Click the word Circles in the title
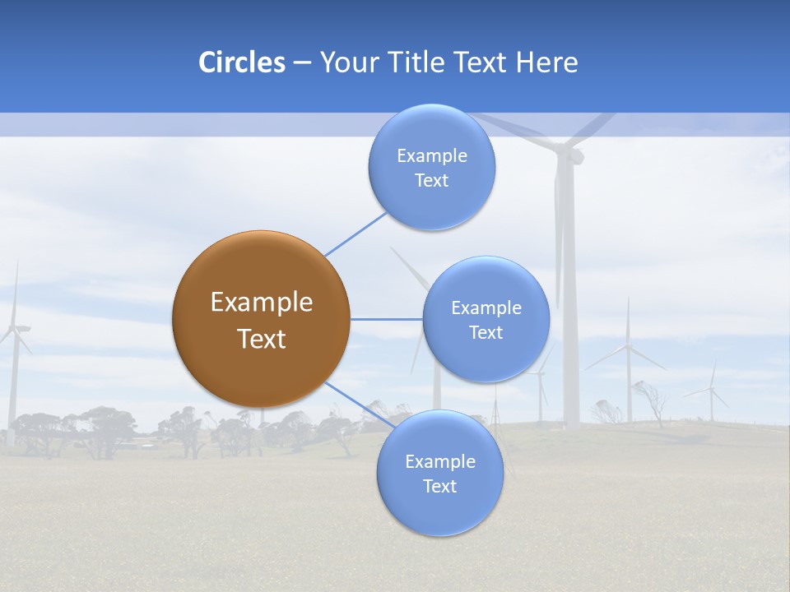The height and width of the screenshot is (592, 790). [x=241, y=62]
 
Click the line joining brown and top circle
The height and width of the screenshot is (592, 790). [x=355, y=234]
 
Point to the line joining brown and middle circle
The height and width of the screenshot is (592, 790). [x=387, y=319]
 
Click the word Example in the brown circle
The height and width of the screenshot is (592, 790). [x=261, y=303]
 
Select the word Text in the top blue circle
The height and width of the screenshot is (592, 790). [x=431, y=181]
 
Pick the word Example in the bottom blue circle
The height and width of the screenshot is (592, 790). [x=439, y=462]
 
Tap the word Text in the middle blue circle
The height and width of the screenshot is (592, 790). [x=486, y=333]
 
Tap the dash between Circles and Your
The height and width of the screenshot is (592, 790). [x=302, y=63]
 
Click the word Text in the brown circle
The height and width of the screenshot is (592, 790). [x=261, y=339]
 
